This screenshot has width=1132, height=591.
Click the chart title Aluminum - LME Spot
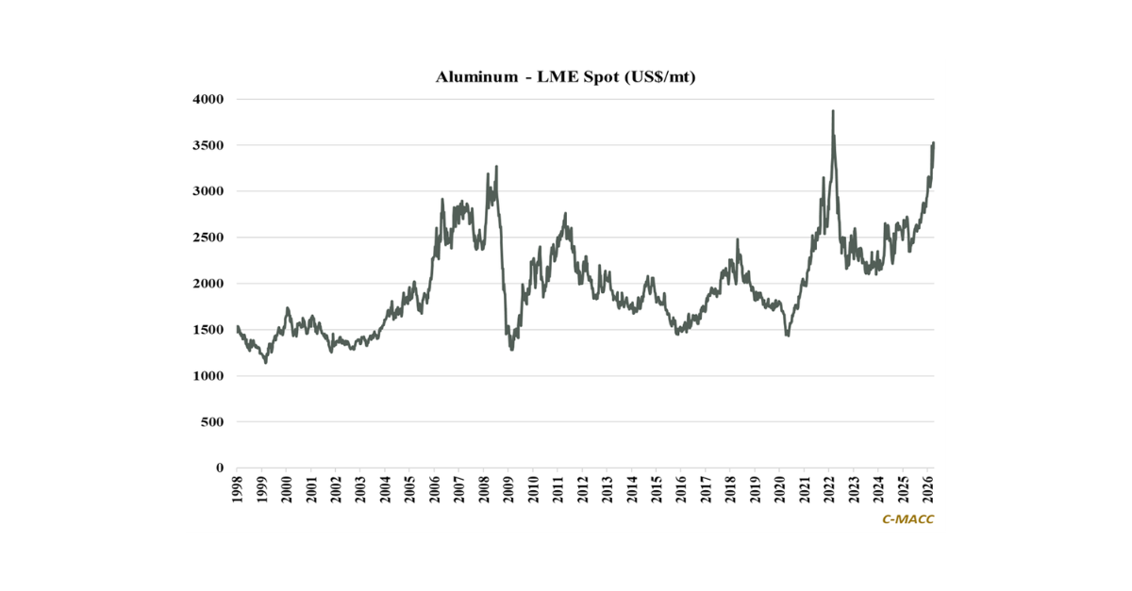(565, 77)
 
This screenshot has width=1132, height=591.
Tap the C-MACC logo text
(907, 518)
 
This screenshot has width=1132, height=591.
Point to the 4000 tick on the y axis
(208, 99)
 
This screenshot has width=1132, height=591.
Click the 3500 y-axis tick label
(208, 145)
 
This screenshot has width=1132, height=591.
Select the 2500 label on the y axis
(208, 238)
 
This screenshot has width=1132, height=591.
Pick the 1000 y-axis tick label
(208, 376)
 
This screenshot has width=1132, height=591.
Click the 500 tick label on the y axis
(212, 422)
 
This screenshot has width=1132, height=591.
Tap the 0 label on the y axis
(219, 468)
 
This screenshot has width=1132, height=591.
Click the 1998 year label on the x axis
(237, 489)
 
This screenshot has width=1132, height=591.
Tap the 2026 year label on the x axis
(928, 489)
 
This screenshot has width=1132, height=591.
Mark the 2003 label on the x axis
(360, 489)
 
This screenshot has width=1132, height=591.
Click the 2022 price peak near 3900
(833, 111)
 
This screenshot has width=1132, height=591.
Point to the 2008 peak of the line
(496, 167)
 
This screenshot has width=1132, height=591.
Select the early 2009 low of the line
(511, 350)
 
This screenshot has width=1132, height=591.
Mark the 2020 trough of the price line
(788, 336)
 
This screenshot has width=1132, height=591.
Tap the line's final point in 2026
(933, 143)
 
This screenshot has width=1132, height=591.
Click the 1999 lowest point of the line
(266, 362)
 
